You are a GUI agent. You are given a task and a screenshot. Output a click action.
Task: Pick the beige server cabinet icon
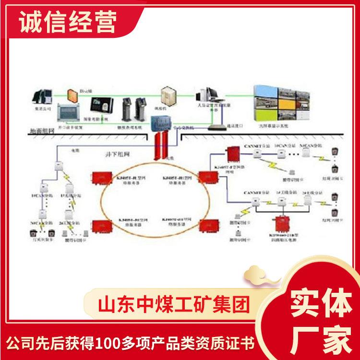coord(168,98)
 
